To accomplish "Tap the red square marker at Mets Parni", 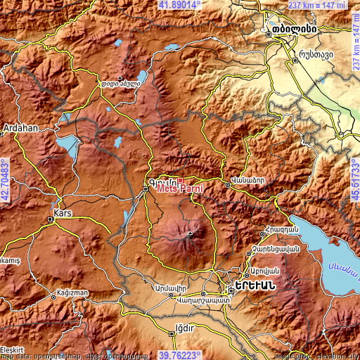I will click(x=180, y=180).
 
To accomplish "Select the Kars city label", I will click(x=63, y=211).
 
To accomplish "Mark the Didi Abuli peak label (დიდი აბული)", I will click(x=122, y=84).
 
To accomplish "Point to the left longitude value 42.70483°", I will click(x=5, y=180).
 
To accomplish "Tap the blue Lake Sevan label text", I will click(x=344, y=267).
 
